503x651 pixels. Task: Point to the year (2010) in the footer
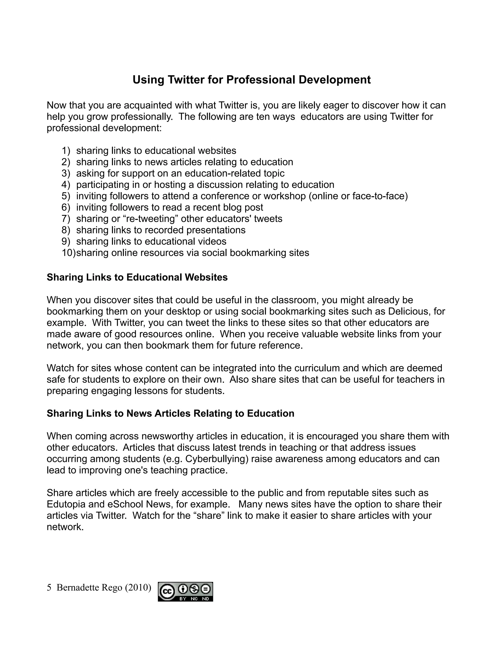click(138, 588)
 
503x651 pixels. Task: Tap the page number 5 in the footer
click(49, 588)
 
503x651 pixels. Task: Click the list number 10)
click(69, 253)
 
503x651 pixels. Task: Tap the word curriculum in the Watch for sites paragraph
click(317, 368)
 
